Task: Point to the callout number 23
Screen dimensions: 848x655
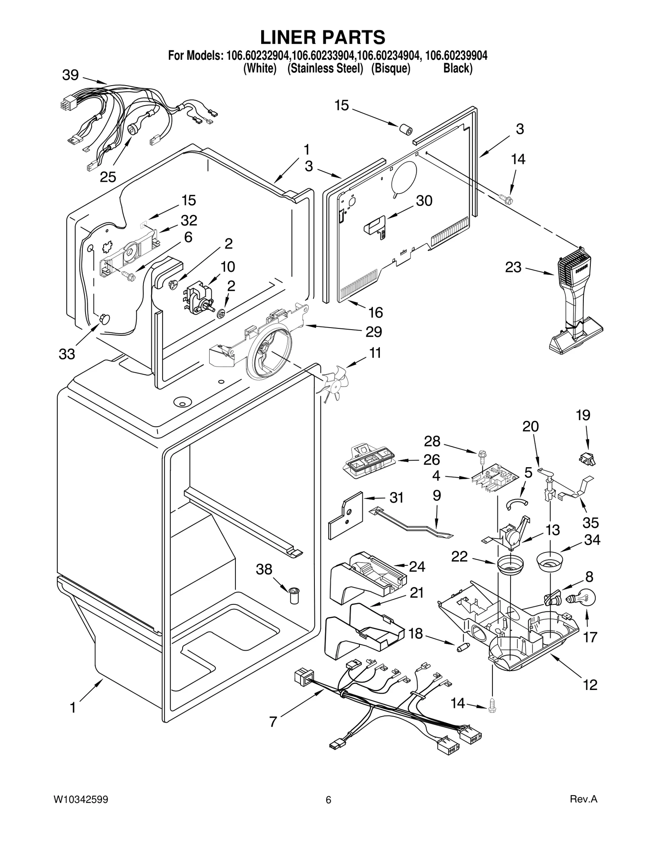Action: point(513,267)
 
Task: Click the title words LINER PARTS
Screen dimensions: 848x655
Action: point(323,37)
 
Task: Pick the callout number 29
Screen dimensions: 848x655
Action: point(373,331)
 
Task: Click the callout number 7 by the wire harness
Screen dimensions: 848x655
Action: point(273,721)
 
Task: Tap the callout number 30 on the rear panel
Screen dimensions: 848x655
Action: point(424,201)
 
